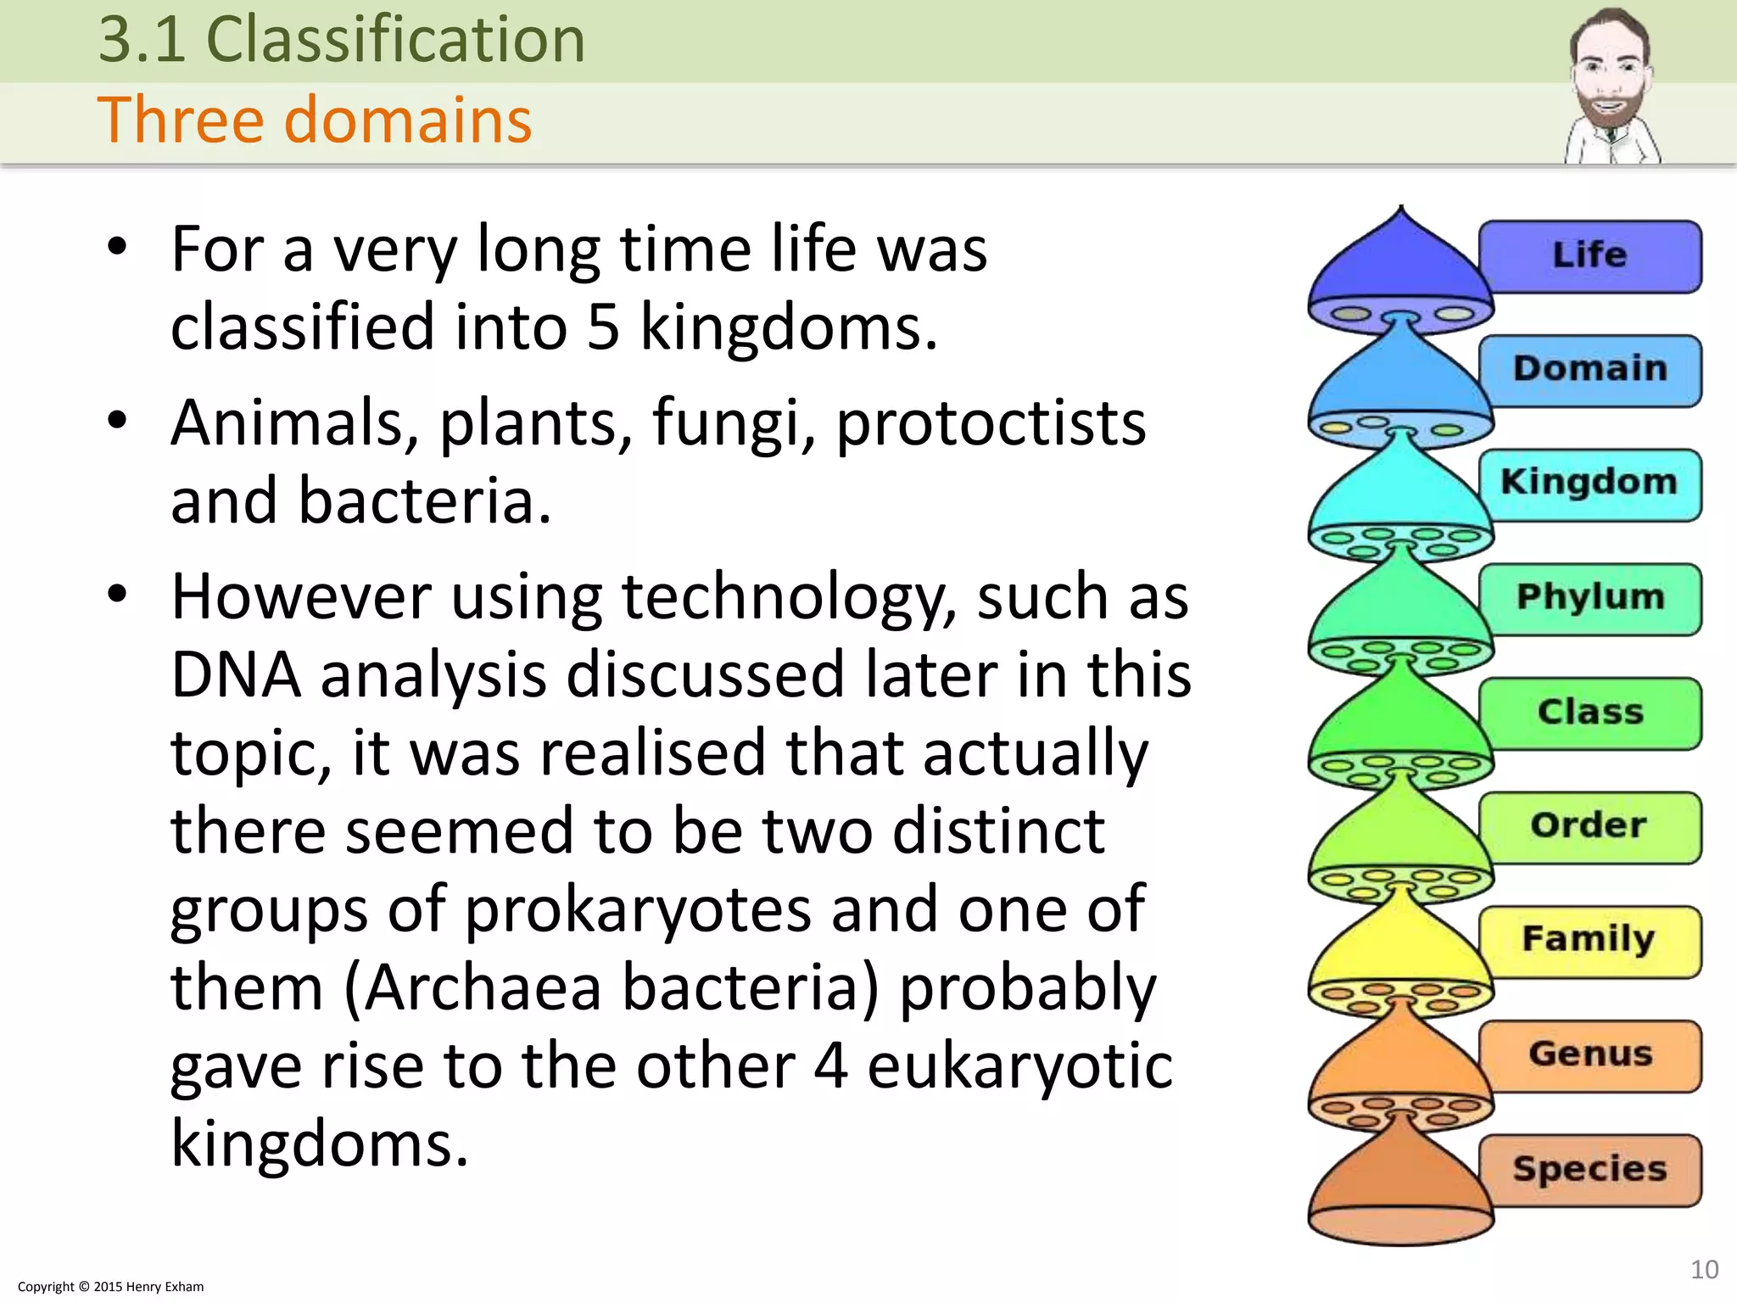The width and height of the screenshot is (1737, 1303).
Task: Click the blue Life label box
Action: (x=1589, y=255)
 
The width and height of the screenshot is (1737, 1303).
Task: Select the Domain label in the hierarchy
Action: (x=1589, y=369)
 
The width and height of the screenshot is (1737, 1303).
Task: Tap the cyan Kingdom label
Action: (x=1589, y=484)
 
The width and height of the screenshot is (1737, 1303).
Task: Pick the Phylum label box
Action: (x=1589, y=597)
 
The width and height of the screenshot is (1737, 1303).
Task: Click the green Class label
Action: (x=1589, y=712)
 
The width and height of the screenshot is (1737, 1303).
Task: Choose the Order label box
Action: (x=1589, y=825)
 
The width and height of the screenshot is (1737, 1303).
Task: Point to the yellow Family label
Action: (x=1589, y=940)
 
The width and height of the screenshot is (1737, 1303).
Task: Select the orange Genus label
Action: (x=1589, y=1054)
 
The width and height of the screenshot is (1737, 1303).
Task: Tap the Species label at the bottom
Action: (x=1589, y=1169)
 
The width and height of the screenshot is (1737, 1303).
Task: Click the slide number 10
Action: (x=1704, y=1269)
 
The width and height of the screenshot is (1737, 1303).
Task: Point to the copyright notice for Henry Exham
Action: (x=110, y=1286)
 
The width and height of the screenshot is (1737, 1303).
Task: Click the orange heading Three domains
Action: (x=315, y=120)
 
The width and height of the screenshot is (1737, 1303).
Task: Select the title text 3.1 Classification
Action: (x=342, y=40)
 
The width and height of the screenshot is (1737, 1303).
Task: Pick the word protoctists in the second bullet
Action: (x=991, y=423)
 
